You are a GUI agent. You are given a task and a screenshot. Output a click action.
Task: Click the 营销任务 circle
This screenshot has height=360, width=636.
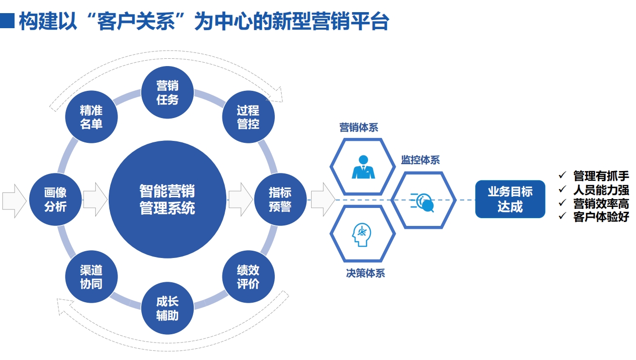click(167, 93)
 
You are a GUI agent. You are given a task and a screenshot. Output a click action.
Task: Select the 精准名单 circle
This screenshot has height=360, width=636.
click(91, 117)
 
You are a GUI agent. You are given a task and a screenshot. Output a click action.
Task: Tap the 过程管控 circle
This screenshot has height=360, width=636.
click(248, 117)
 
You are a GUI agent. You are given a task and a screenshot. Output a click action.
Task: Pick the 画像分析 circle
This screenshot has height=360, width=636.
click(55, 199)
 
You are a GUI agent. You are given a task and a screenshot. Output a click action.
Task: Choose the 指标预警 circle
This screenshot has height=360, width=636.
click(280, 199)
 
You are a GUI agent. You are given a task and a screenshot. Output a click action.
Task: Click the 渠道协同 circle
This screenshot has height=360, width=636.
click(91, 277)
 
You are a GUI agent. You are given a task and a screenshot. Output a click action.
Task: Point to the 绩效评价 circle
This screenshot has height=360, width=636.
click(248, 277)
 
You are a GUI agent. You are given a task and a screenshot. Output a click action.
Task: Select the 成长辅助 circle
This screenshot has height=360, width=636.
click(167, 309)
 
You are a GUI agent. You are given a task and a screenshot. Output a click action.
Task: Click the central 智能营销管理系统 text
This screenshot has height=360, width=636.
click(167, 199)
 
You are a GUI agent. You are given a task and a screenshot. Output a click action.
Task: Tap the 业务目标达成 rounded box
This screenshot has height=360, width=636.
click(510, 199)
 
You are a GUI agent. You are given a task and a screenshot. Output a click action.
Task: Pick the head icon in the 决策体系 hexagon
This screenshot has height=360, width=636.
click(362, 235)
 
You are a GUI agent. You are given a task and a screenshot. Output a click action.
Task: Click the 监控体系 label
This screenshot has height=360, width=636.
click(420, 160)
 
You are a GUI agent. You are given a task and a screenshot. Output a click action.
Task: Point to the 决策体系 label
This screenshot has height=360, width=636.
click(365, 273)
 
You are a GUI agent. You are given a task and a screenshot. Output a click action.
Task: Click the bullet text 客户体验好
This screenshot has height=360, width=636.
click(601, 217)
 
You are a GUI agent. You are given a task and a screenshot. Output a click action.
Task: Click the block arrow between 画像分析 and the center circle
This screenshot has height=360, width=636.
click(95, 199)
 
